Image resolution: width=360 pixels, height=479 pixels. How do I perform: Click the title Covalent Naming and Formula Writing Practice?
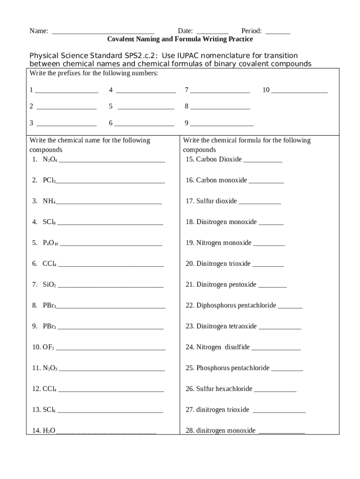(x=180, y=39)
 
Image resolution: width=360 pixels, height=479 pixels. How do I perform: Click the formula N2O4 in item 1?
(x=50, y=160)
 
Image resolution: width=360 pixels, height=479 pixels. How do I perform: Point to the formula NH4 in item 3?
(x=49, y=201)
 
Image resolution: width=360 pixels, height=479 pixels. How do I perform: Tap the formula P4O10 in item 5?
(x=50, y=243)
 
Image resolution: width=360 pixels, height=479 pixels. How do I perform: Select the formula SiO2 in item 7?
(x=49, y=284)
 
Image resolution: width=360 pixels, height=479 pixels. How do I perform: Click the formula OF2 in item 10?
(x=49, y=347)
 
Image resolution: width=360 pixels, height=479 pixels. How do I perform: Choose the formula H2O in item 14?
(x=49, y=430)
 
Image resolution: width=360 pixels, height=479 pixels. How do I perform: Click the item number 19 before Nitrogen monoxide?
(x=190, y=243)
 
